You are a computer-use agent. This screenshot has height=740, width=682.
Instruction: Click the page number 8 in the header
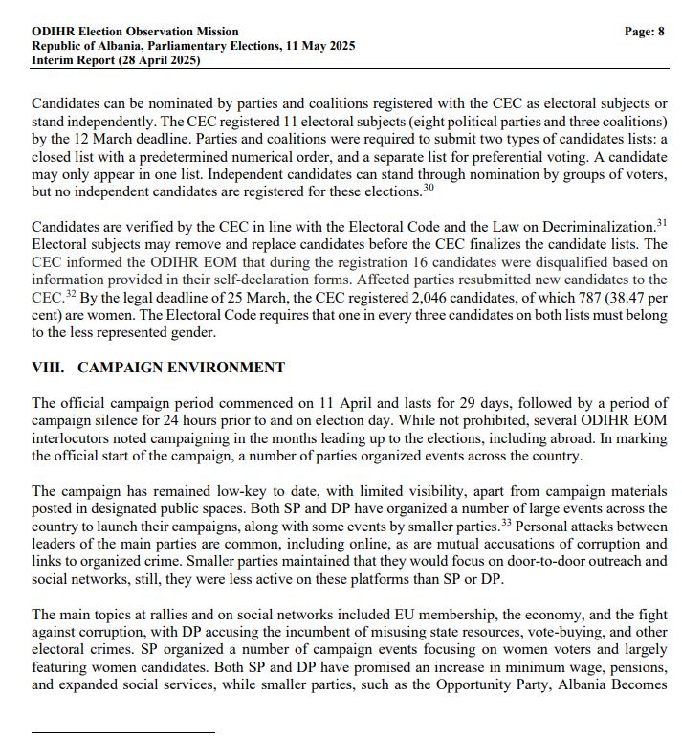(x=660, y=32)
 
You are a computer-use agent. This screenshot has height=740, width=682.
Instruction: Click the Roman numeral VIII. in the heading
(x=49, y=368)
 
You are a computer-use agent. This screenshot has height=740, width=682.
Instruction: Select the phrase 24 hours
(x=198, y=420)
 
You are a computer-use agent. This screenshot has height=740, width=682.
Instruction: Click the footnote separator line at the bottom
(x=123, y=733)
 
